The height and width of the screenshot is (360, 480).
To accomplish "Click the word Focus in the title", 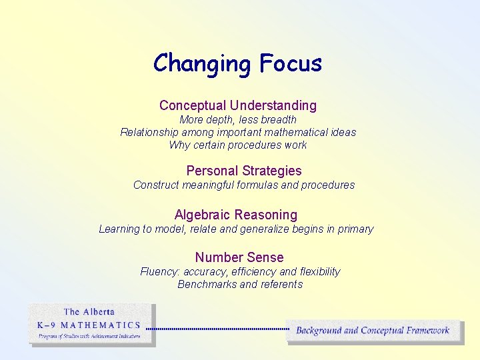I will (291, 63).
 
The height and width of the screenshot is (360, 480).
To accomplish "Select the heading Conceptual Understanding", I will (238, 105).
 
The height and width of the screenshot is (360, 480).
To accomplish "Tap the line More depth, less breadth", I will (238, 120).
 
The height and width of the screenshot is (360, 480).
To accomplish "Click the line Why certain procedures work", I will (238, 145).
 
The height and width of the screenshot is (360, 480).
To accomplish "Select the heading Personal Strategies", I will (244, 171).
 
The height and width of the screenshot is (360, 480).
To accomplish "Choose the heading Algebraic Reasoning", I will (236, 215).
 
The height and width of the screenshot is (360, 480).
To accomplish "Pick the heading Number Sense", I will (239, 257).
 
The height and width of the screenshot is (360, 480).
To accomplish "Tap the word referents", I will (281, 285).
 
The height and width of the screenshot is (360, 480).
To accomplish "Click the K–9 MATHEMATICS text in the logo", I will (89, 325).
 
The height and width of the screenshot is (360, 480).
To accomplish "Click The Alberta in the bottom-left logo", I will (89, 312).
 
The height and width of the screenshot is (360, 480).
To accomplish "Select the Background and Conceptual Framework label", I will (373, 330).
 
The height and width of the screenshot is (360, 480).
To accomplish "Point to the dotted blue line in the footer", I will (217, 329).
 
